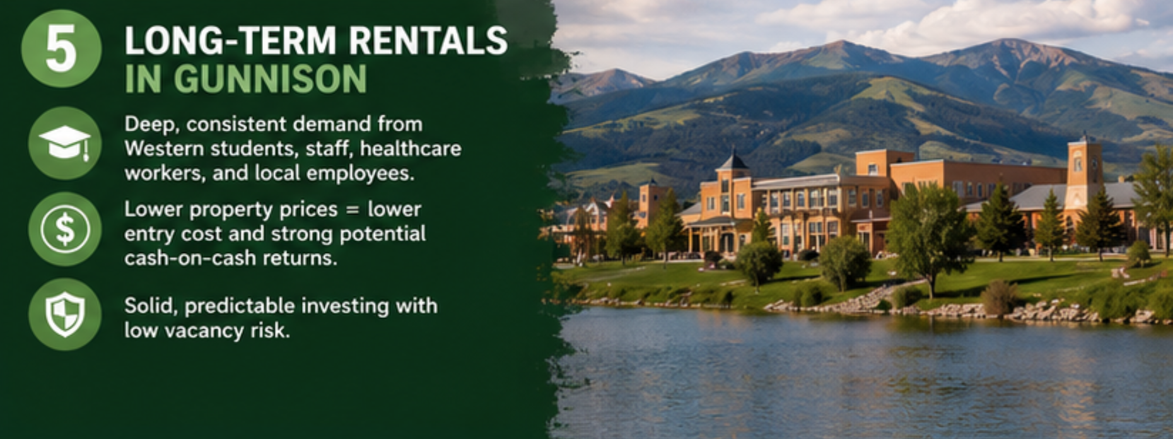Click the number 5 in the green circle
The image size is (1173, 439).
[x=61, y=48]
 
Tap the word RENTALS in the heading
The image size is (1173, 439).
[x=428, y=41]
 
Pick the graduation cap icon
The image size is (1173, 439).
[x=65, y=143]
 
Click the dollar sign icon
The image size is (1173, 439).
[x=65, y=229]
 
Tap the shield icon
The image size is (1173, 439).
[x=65, y=314]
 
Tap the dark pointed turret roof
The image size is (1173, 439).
[x=732, y=161]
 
